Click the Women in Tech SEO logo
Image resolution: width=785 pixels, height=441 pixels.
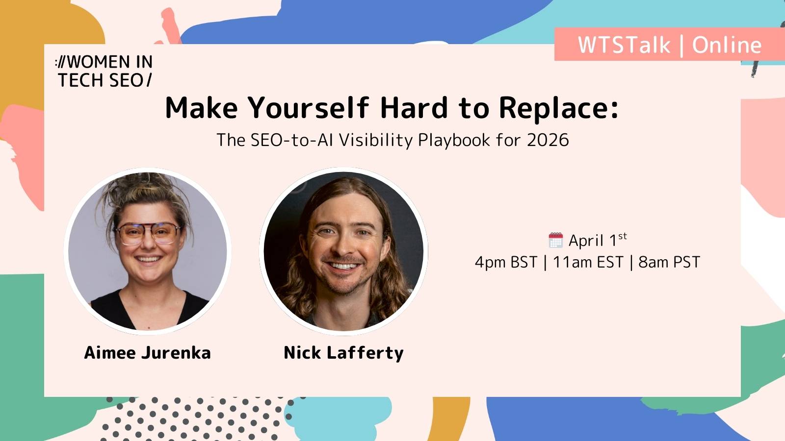(x=104, y=71)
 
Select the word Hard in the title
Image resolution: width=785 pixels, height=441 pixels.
(x=414, y=108)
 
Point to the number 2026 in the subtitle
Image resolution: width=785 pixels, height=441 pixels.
(x=548, y=140)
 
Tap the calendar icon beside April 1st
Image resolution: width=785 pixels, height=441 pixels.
(x=555, y=240)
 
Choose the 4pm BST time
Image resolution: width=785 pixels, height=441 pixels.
(x=506, y=263)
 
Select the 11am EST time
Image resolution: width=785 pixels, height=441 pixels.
(x=588, y=263)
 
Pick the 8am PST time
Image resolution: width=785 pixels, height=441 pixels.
(x=669, y=263)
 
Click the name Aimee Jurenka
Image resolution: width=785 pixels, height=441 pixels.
(x=147, y=353)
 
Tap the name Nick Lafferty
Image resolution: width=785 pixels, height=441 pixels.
(x=343, y=353)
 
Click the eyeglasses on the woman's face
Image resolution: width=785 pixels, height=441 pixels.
(x=147, y=232)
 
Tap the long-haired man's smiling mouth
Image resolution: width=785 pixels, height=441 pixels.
(x=343, y=266)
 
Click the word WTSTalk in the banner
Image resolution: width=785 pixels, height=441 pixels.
(x=624, y=45)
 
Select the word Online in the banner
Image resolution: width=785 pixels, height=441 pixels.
(x=727, y=45)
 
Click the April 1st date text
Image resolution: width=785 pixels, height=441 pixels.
(x=597, y=240)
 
